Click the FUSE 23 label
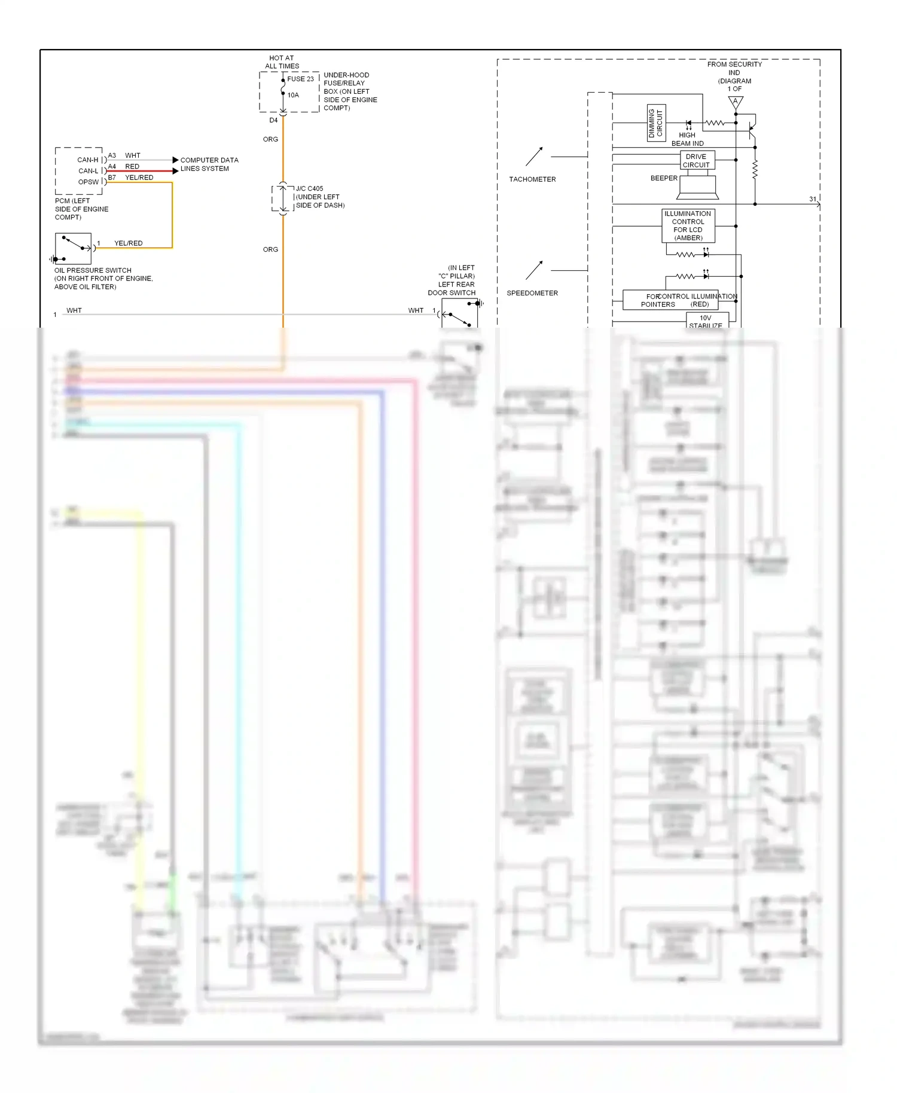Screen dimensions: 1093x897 click(x=300, y=79)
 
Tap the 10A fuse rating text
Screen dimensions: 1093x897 click(x=293, y=95)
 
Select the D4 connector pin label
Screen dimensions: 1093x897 click(x=273, y=120)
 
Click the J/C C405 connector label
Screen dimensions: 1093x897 click(x=309, y=188)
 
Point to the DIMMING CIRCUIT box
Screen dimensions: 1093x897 click(x=656, y=123)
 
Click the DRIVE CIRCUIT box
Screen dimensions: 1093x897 click(x=697, y=161)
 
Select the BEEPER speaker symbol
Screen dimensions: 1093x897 click(x=698, y=187)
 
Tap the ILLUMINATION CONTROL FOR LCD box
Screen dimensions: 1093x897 click(x=688, y=225)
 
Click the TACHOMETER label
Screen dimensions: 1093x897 click(x=532, y=179)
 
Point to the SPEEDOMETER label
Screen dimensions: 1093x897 click(x=532, y=293)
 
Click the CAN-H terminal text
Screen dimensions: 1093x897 click(x=87, y=160)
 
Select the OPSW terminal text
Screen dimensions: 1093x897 click(x=88, y=182)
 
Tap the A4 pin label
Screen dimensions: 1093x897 click(x=112, y=166)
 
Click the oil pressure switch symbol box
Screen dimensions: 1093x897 click(x=73, y=249)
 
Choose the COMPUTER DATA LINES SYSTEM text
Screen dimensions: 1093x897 click(x=209, y=164)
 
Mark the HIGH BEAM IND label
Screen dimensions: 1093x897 click(x=687, y=139)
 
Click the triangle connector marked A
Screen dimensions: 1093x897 click(x=736, y=102)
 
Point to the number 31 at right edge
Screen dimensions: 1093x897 click(x=812, y=199)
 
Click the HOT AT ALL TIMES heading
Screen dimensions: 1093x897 click(x=282, y=62)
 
